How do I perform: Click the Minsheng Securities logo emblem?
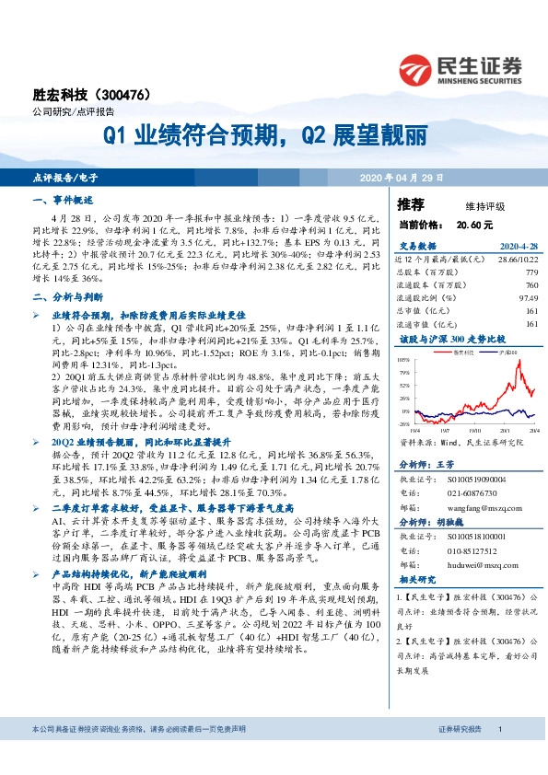coord(414,66)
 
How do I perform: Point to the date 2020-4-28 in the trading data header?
coord(518,247)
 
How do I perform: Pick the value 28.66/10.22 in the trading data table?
coord(517,260)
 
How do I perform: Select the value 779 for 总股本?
coord(531,273)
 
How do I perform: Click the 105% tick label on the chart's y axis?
coord(404,360)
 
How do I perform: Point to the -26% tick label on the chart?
coord(404,424)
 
